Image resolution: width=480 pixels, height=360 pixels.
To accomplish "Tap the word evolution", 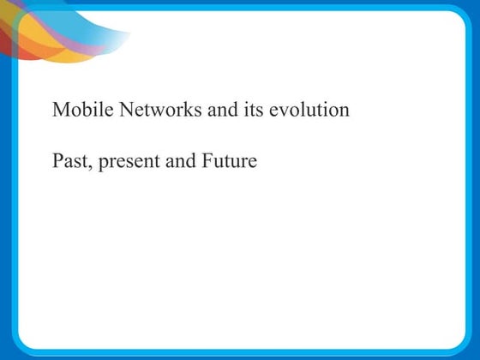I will (309, 111).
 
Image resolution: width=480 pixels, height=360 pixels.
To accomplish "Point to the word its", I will (256, 111).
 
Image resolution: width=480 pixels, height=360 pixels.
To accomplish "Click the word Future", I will (228, 160).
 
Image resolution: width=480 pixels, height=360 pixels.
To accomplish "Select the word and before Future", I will (180, 160).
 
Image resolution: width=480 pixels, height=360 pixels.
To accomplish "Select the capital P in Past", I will (57, 160).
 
